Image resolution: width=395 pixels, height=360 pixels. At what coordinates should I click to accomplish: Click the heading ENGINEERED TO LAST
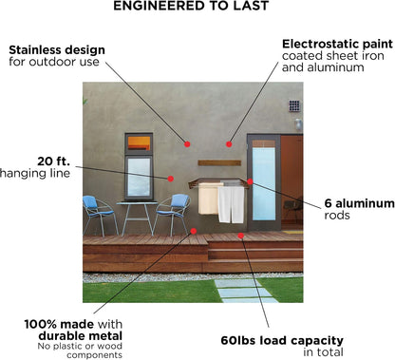coord(191,6)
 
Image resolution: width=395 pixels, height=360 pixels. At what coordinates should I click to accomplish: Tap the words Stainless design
coord(57,50)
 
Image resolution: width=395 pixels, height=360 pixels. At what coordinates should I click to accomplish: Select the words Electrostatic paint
coord(337,44)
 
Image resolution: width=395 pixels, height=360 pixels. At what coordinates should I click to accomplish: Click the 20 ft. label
coord(53,161)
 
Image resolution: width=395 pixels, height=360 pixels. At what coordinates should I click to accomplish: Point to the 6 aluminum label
coord(359,203)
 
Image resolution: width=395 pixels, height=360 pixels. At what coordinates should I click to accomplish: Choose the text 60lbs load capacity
coord(282,340)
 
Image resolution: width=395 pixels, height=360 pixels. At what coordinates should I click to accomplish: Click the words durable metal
coord(81,335)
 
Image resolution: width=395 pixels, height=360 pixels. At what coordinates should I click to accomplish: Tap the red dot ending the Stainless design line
coord(187,144)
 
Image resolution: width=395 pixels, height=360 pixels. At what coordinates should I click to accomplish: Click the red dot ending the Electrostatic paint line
coord(229,144)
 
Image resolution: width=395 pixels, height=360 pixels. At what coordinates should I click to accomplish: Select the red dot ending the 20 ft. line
coord(171,179)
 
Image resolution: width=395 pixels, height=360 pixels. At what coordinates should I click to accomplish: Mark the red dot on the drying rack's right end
coord(250,181)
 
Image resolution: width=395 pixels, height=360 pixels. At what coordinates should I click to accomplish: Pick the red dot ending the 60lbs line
coord(241,236)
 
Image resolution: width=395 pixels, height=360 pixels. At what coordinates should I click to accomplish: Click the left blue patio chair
coord(99,215)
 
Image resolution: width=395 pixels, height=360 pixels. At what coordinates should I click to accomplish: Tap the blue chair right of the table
coord(173,215)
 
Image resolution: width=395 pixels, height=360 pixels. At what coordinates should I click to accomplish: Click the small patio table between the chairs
coord(137,218)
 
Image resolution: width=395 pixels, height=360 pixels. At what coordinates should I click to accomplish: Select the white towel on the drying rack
coord(232,203)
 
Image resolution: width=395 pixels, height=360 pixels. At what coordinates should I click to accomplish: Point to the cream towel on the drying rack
coord(208,199)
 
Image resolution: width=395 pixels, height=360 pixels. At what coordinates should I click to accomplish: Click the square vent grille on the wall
coord(294,105)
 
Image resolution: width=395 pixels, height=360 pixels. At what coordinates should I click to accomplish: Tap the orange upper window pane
coord(139,143)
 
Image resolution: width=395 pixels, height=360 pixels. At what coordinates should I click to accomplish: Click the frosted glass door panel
coord(264,183)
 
